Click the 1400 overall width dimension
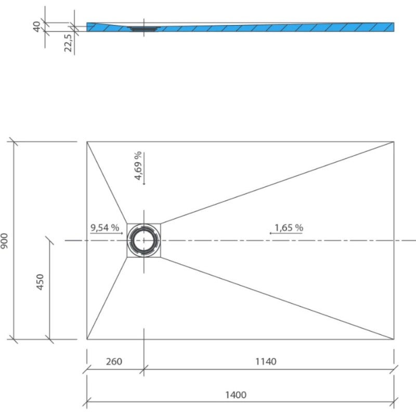236,395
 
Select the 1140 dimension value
266,361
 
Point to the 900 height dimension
5,240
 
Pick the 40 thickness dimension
37,26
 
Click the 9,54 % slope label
105,227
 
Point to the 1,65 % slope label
289,227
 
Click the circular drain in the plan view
144,240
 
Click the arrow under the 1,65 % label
285,234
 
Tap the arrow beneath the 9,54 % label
107,234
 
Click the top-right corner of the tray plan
394,141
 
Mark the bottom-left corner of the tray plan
87,340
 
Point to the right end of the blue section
393,27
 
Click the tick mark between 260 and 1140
144,370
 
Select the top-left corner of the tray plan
87,141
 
